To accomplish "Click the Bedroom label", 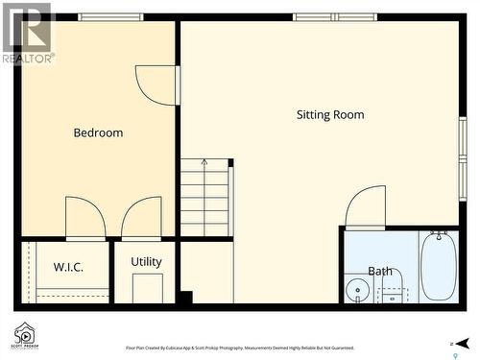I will coord(98,132).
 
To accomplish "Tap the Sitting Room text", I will coord(329,114).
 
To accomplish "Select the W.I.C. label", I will coord(68,267).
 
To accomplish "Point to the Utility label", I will coord(146,261).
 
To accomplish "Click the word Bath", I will coord(380,271).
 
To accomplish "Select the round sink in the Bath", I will coord(357,290).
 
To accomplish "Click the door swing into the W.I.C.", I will coord(84,218).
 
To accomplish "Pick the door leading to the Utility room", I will coord(141,218).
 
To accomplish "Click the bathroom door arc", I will coord(366,206).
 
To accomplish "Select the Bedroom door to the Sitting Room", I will coord(157,84).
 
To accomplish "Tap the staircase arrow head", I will coord(204,163).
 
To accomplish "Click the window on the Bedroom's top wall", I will coord(110,16).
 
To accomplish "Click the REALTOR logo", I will coord(27,33).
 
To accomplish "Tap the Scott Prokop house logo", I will coord(25,334).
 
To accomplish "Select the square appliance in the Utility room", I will coord(147,288).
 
